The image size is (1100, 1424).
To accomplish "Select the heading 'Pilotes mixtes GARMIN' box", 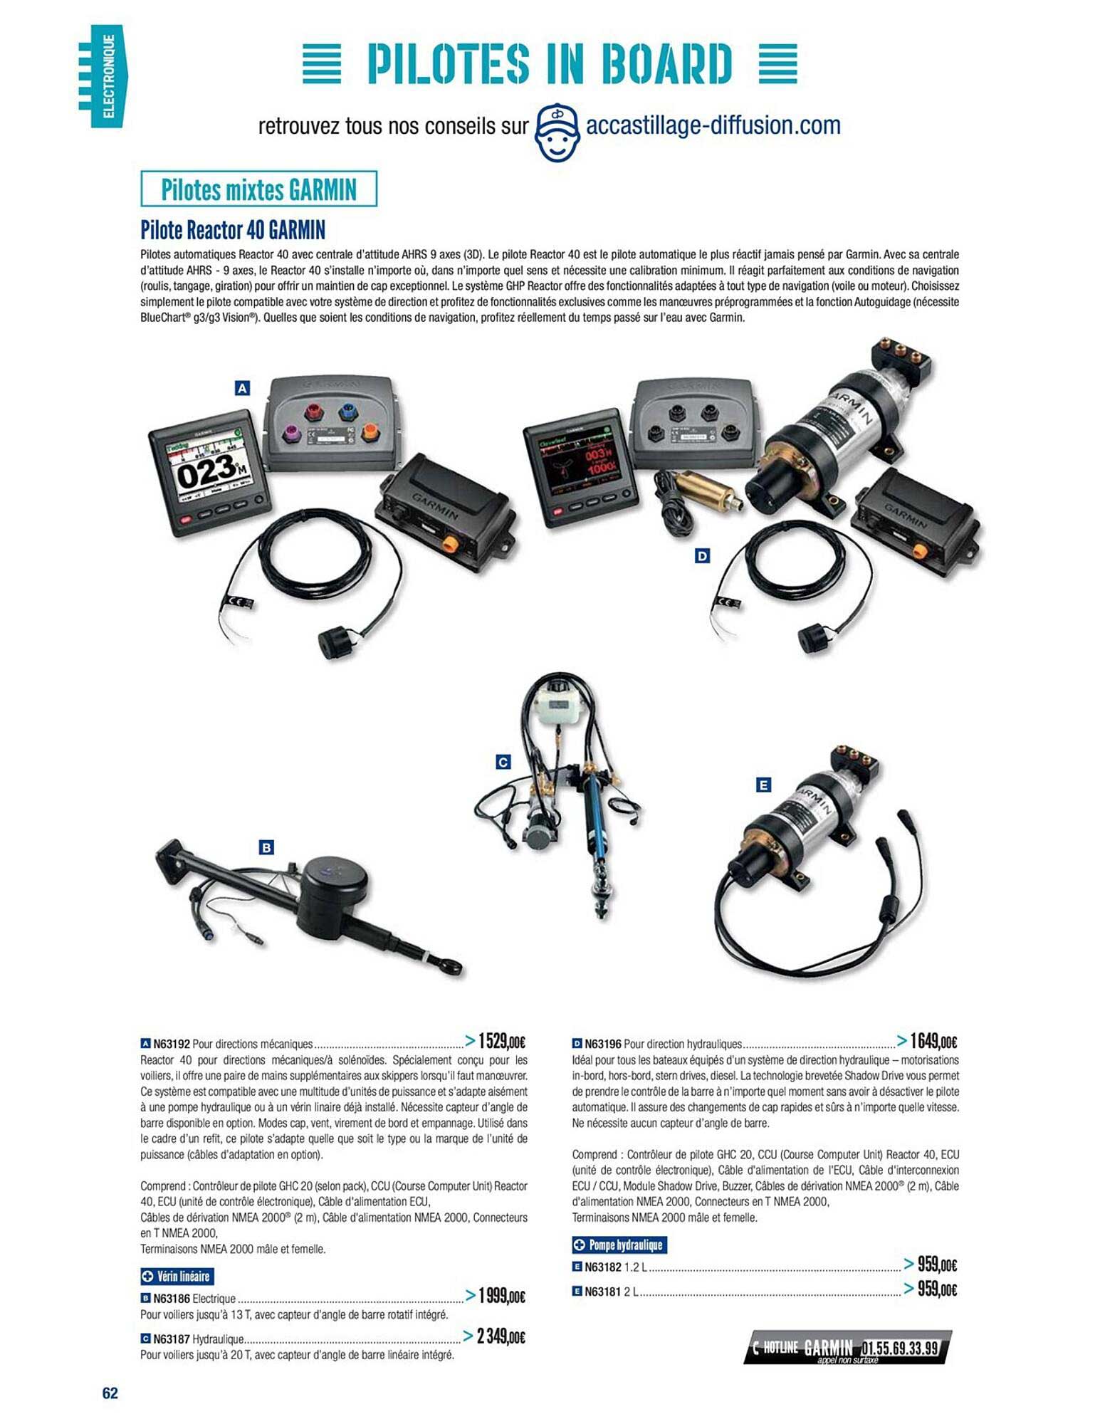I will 258,189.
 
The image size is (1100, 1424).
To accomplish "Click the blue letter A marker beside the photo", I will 242,388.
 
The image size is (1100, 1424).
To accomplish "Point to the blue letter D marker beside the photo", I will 702,555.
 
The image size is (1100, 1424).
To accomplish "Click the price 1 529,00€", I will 501,1042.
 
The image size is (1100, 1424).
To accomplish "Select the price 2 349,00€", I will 501,1336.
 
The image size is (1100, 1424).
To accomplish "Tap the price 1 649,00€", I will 933,1042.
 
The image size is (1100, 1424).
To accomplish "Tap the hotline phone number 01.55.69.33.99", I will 900,1348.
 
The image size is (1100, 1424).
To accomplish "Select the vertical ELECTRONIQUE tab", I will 107,76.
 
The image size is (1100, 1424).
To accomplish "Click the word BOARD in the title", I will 666,63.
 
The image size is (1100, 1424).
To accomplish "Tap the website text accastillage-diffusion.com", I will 712,126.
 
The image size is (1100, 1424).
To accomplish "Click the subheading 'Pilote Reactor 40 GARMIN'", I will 233,230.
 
